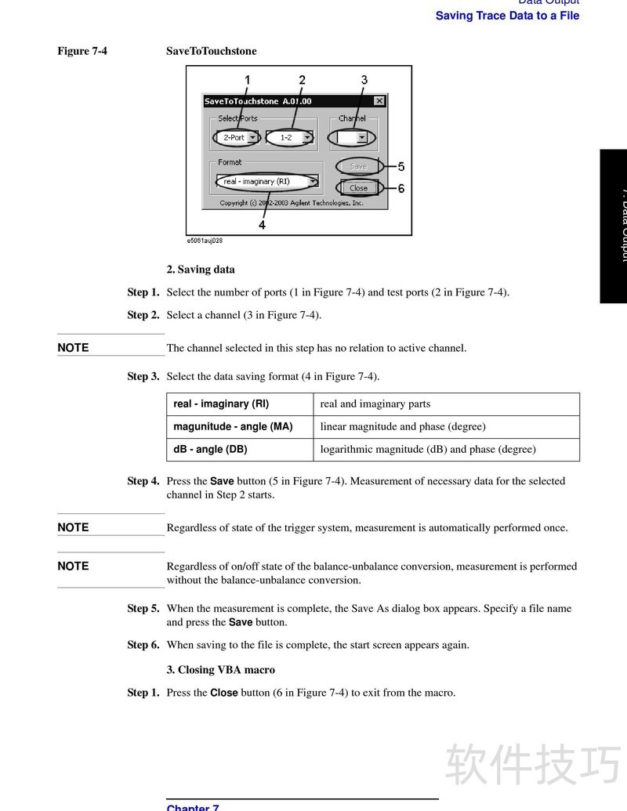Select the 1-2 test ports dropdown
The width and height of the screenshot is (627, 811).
point(289,137)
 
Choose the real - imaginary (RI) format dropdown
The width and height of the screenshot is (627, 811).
point(268,182)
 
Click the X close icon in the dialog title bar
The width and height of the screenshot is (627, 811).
point(379,101)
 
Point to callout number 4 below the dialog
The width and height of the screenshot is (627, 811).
point(262,225)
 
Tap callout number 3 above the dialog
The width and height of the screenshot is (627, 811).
point(364,80)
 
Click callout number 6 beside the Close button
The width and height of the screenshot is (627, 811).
point(401,188)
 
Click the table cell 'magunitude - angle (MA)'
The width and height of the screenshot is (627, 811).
point(233,427)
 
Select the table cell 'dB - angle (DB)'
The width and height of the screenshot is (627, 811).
point(210,450)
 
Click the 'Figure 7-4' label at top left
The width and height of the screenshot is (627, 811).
point(82,51)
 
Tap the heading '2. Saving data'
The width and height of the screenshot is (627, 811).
point(201,270)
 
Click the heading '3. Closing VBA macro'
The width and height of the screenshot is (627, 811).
point(220,670)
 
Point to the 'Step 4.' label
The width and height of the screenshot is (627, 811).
point(143,481)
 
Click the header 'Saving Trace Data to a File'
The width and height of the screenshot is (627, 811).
point(507,16)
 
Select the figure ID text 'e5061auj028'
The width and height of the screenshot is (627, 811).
point(205,241)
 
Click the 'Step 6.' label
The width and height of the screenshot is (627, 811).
point(143,646)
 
